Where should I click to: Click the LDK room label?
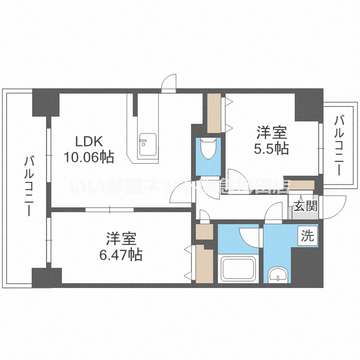tap(88, 142)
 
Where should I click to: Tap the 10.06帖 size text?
tap(89, 156)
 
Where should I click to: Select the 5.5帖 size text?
tap(271, 148)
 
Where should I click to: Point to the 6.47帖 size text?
tap(120, 254)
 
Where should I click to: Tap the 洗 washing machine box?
tap(307, 236)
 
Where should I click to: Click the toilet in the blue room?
tap(208, 148)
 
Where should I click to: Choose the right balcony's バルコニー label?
tap(339, 144)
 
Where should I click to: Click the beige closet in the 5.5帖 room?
tap(214, 112)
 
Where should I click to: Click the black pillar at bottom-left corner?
tap(47, 278)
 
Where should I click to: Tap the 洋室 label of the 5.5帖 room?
tap(271, 132)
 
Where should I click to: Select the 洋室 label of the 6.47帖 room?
tap(121, 238)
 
